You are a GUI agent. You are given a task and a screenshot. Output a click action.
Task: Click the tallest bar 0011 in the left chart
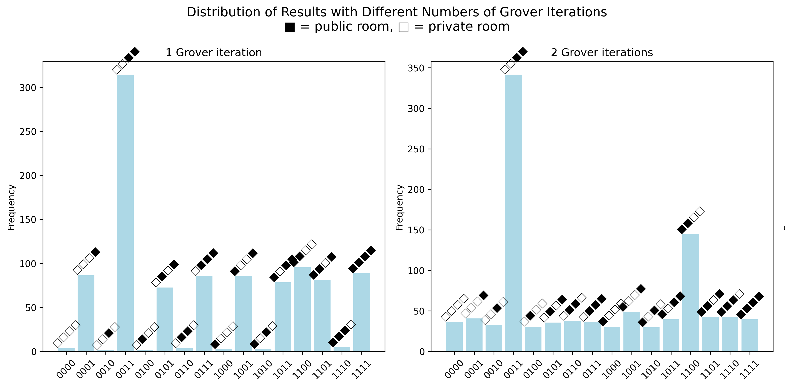[x=125, y=214]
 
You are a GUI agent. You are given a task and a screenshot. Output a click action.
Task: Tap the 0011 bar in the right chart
[x=513, y=214]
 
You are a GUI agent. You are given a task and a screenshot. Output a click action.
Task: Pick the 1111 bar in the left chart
[x=361, y=313]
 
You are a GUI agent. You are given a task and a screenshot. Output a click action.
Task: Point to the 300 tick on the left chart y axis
[x=28, y=88]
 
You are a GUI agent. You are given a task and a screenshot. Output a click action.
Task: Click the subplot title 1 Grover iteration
[x=214, y=52]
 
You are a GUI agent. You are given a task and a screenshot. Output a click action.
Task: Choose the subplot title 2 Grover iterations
[x=602, y=52]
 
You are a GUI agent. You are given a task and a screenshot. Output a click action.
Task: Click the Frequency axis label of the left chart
[x=11, y=207]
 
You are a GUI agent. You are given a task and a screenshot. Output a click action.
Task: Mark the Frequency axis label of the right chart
[x=399, y=207]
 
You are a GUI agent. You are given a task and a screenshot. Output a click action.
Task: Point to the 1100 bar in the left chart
[x=302, y=310]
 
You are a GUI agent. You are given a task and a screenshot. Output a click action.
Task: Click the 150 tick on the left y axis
[x=28, y=220]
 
